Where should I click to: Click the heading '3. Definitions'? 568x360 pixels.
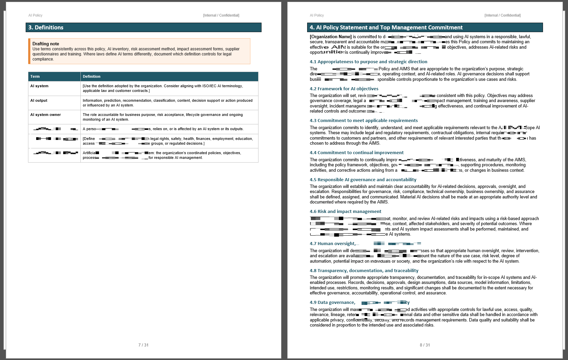point(46,27)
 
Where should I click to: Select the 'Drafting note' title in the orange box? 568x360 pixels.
point(46,44)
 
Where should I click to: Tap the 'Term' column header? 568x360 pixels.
point(35,76)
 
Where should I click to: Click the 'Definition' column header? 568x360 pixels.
point(92,76)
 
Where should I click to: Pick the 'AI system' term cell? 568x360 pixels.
point(40,86)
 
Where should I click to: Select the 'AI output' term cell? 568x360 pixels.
point(39,100)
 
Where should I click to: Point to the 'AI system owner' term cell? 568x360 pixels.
point(46,115)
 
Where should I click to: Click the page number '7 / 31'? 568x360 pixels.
point(143,345)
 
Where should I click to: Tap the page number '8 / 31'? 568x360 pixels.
point(425,345)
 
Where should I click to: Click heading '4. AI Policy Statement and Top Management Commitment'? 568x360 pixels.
point(386,27)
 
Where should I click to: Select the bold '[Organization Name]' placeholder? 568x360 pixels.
point(331,37)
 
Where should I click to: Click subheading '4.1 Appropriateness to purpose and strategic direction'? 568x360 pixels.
point(368,62)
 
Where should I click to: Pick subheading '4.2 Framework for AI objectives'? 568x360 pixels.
point(344,89)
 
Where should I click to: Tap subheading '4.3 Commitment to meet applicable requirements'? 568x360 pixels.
point(364,120)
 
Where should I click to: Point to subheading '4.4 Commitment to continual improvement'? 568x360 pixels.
point(356,152)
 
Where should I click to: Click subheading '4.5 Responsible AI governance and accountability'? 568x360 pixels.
point(363,179)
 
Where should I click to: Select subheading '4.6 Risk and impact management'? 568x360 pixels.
point(345,211)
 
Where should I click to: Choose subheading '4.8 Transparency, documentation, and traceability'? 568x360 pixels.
point(364,270)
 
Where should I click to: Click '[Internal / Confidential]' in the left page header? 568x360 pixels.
point(221,15)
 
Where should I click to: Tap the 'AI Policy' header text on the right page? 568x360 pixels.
point(317,15)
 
